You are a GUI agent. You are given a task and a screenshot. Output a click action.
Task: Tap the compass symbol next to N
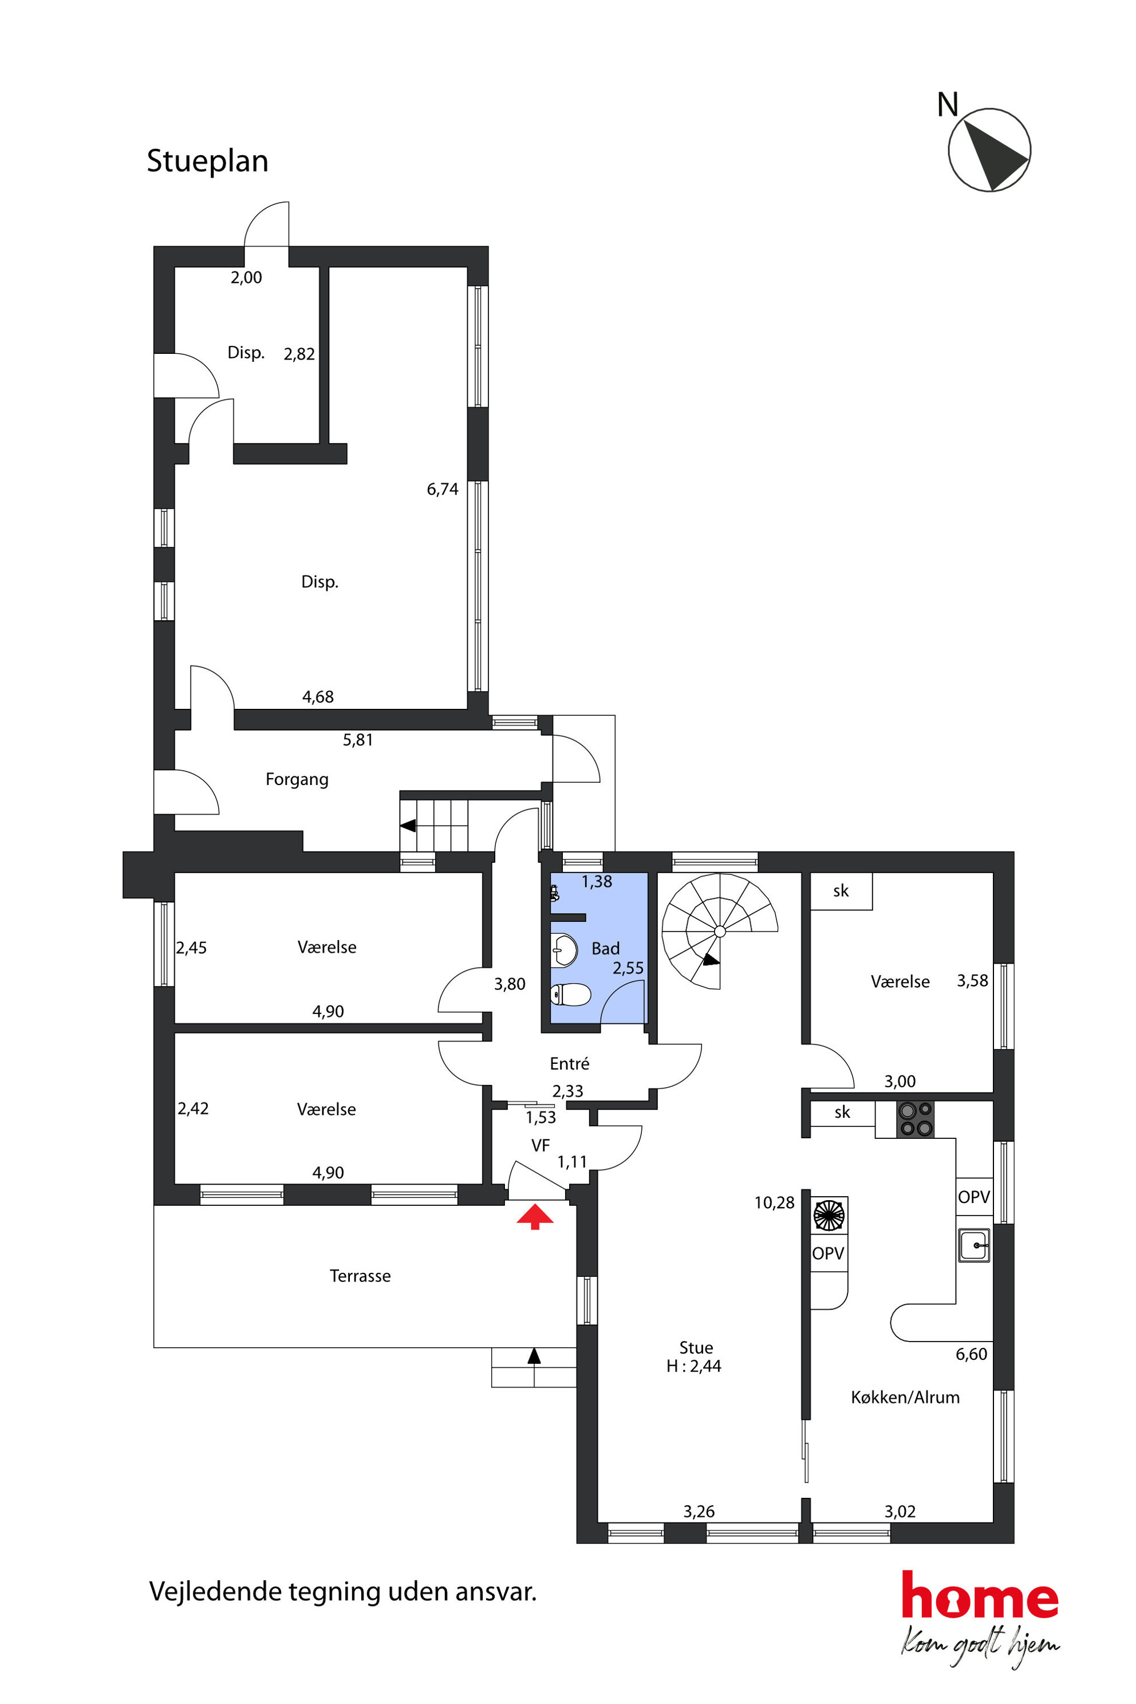(x=989, y=150)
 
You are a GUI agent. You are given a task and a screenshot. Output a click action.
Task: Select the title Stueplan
(x=207, y=161)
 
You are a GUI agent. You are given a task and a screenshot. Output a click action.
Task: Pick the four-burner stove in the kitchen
(x=915, y=1119)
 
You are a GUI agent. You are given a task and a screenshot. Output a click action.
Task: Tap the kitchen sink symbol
(x=975, y=1245)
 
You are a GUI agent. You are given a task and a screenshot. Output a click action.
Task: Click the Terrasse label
(x=360, y=1276)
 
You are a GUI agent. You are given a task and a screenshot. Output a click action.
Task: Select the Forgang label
(x=297, y=779)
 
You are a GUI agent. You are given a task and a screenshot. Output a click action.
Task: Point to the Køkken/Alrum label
(x=905, y=1397)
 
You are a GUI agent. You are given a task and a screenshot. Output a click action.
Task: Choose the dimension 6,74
(x=442, y=489)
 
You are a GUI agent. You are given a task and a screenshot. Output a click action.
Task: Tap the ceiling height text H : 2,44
(x=693, y=1366)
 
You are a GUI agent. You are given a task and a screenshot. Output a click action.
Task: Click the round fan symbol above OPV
(x=829, y=1215)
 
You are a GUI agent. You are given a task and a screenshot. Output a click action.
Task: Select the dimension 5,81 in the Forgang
(x=358, y=740)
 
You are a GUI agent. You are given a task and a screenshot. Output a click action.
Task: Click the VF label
(x=541, y=1145)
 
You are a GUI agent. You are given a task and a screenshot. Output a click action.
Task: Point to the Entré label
(x=570, y=1063)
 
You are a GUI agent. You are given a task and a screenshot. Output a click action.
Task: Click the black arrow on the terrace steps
(x=534, y=1355)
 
